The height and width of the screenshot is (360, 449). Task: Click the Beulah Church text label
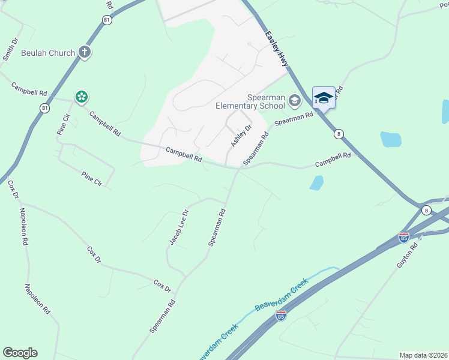[x=48, y=53]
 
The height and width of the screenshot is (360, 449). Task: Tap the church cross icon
[x=84, y=52]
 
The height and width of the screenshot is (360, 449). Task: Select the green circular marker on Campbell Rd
[x=81, y=97]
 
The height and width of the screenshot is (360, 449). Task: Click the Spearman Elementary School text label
[x=250, y=102]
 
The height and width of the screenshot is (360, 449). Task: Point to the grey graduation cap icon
[x=294, y=101]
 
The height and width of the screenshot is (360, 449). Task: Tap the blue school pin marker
[x=324, y=98]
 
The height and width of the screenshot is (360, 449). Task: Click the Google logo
[x=20, y=353]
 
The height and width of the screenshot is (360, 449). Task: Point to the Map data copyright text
[x=423, y=355]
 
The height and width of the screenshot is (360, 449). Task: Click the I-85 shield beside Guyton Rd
[x=404, y=238]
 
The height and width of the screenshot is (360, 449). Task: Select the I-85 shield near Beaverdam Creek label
[x=280, y=314]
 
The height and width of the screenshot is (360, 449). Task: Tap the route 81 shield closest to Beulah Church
[x=107, y=20]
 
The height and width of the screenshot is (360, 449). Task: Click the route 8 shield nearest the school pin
[x=339, y=134]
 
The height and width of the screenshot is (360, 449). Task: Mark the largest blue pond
[x=390, y=139]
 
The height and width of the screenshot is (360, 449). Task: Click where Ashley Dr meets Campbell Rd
[x=226, y=166]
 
